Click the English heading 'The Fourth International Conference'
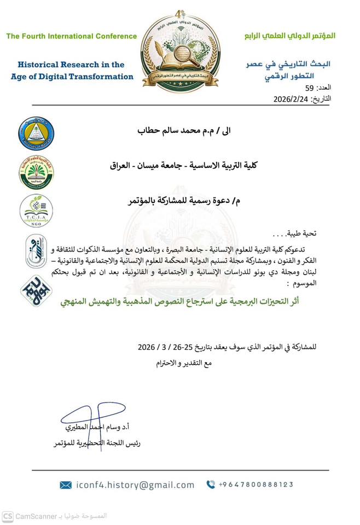[x=72, y=37]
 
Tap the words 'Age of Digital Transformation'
[x=72, y=77]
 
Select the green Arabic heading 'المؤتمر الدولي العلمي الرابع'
[x=289, y=36]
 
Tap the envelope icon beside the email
[x=66, y=485]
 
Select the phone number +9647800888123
[x=256, y=485]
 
